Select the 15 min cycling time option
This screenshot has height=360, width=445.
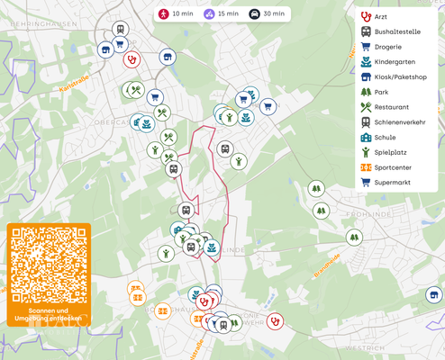click(221, 14)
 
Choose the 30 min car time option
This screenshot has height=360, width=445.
click(268, 14)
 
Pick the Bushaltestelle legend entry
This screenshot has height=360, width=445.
click(397, 31)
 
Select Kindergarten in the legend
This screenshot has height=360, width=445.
click(395, 62)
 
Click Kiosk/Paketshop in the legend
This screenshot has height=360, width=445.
click(400, 77)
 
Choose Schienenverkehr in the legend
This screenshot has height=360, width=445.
click(399, 122)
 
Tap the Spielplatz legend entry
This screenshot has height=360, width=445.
click(390, 152)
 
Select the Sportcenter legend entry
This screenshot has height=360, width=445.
click(393, 167)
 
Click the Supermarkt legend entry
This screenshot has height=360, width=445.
click(392, 183)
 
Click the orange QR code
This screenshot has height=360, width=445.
click(49, 265)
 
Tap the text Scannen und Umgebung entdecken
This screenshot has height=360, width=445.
click(49, 315)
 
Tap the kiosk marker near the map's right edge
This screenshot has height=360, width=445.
click(434, 295)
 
